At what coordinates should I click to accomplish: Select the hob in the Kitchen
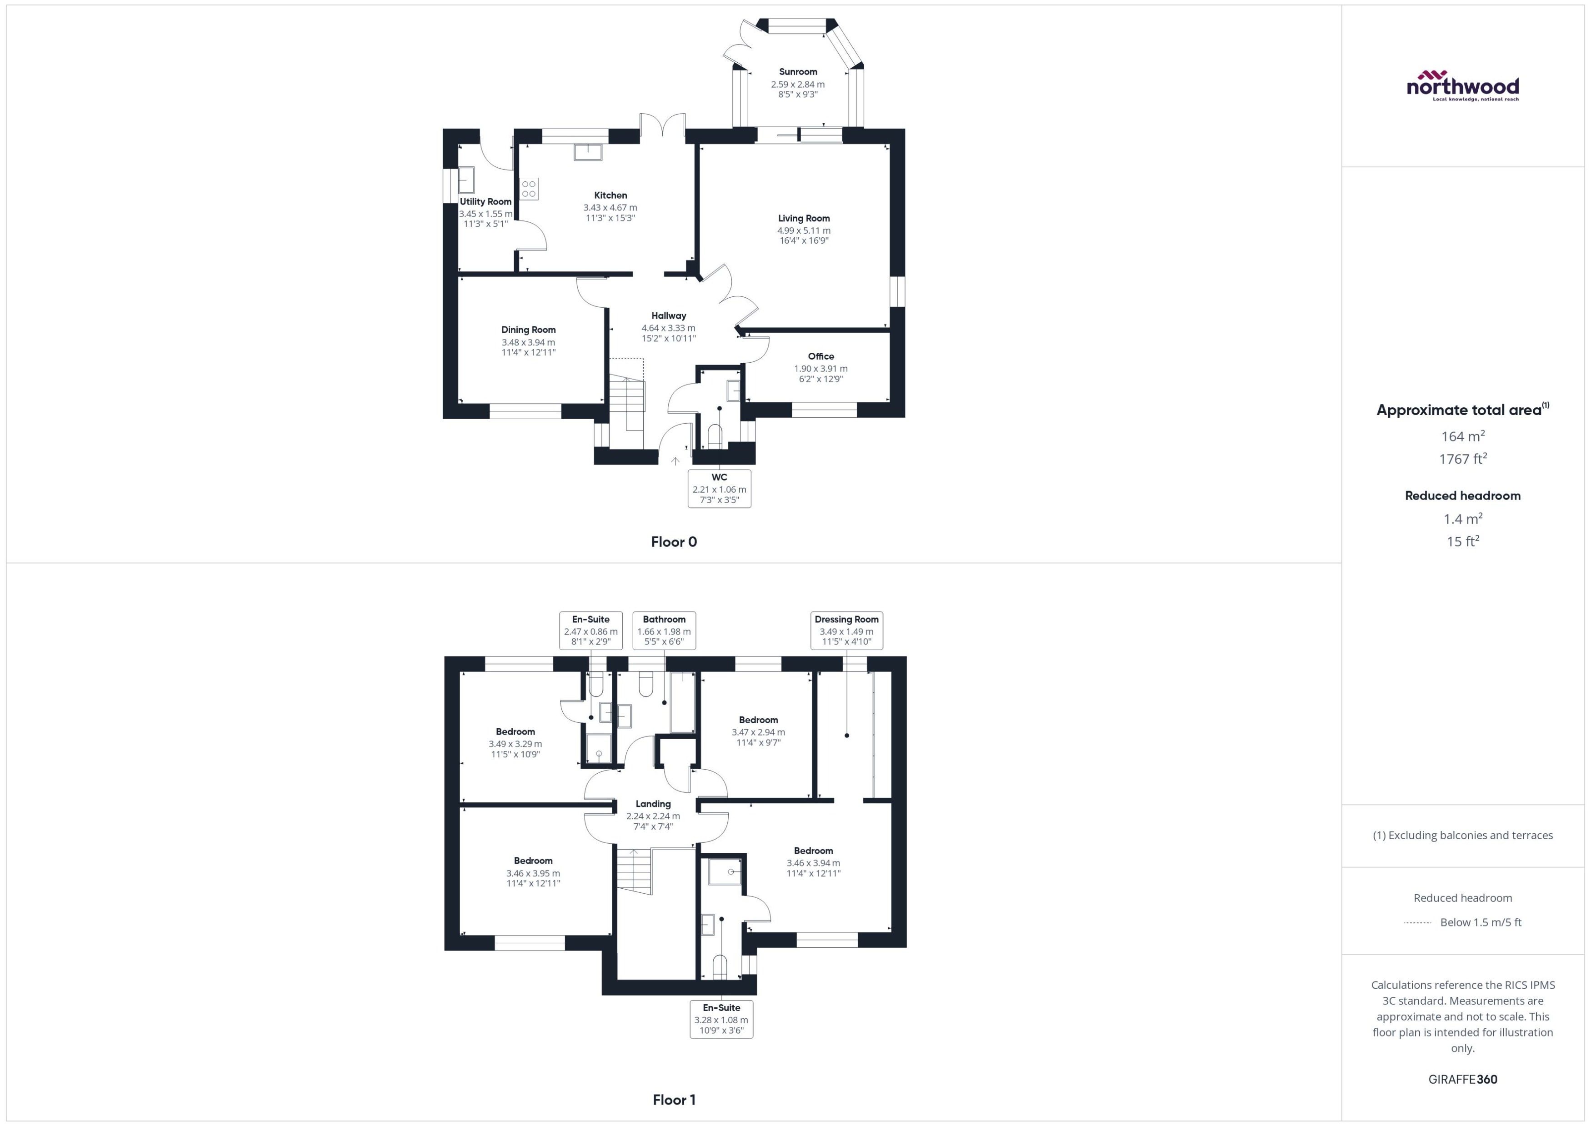point(529,189)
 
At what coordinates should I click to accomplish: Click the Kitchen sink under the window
point(588,152)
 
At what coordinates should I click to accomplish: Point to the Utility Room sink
point(466,180)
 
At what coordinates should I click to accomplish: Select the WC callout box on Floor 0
point(719,489)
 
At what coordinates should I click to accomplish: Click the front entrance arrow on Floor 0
point(675,461)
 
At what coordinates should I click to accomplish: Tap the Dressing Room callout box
point(846,630)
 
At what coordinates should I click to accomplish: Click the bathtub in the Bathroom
point(683,702)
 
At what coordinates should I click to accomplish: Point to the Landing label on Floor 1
point(653,804)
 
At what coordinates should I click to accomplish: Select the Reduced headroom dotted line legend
point(1418,923)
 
